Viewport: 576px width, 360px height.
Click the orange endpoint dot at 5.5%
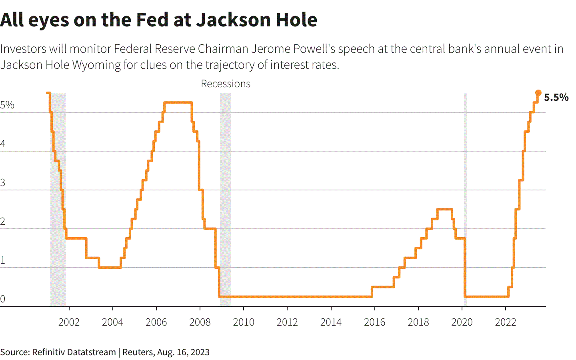(538, 93)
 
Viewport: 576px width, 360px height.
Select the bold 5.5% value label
(556, 98)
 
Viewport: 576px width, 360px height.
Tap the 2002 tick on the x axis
(69, 322)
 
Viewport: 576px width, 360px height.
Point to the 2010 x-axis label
(244, 322)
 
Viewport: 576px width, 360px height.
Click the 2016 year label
(375, 322)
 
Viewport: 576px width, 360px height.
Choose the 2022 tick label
(506, 322)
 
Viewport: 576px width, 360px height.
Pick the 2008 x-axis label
(200, 322)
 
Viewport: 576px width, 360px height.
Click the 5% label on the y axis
(7, 105)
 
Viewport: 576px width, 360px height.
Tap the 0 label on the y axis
(3, 299)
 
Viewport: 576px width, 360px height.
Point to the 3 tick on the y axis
(3, 183)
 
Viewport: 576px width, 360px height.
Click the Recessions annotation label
(226, 84)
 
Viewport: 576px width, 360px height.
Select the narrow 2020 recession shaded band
(466, 200)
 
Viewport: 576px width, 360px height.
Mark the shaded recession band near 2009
(226, 200)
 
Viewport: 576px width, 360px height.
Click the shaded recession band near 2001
(58, 200)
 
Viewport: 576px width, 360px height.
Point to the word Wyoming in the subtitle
(96, 65)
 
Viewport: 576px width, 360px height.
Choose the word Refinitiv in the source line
(49, 352)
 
